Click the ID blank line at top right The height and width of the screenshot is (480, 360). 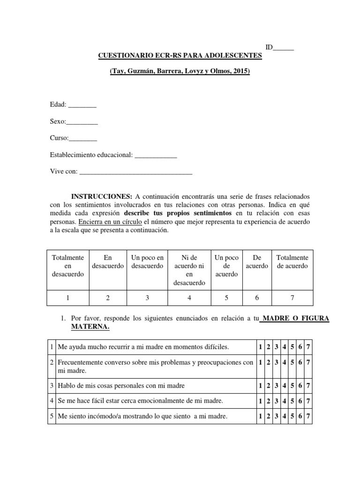tap(283, 48)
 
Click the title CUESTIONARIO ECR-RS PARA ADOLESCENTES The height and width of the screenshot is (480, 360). tap(180, 55)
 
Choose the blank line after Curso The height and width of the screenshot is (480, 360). tap(83, 138)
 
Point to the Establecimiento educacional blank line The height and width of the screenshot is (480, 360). tap(156, 155)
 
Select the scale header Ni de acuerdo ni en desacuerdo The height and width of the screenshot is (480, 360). tap(189, 270)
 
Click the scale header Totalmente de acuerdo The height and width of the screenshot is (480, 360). tap(292, 262)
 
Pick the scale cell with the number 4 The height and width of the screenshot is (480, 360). tap(189, 297)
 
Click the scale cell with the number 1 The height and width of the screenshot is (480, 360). tap(68, 297)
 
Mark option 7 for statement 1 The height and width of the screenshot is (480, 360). tap(308, 347)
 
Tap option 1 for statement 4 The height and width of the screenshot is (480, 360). tap(260, 401)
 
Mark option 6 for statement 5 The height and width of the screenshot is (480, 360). tap(300, 416)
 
